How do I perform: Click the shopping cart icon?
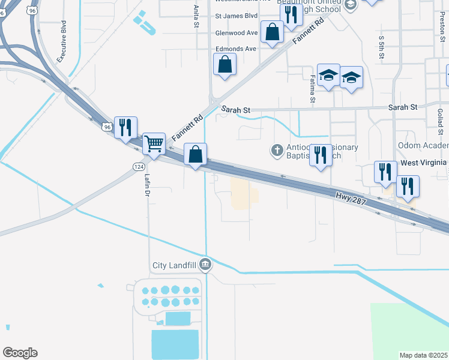(154, 144)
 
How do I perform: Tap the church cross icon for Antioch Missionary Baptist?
(277, 149)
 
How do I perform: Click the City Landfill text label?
(173, 265)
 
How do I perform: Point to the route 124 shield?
(137, 165)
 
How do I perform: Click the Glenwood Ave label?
(237, 33)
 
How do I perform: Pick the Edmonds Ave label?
(236, 49)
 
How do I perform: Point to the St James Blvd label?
(236, 16)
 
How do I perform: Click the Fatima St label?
(312, 88)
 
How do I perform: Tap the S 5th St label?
(381, 46)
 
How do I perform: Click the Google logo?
(20, 353)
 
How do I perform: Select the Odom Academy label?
(423, 146)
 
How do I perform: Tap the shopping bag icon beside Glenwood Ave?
(272, 32)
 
